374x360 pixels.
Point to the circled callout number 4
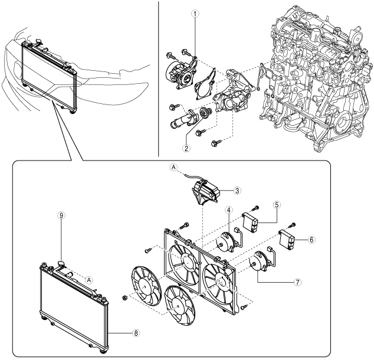click(x=228, y=210)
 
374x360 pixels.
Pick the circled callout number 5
click(x=277, y=205)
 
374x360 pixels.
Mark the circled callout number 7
click(x=298, y=282)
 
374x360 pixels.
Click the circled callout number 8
click(x=136, y=333)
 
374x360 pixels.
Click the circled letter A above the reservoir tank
click(x=173, y=167)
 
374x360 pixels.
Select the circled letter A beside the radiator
click(x=88, y=279)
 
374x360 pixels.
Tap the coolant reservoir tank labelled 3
click(x=206, y=192)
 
